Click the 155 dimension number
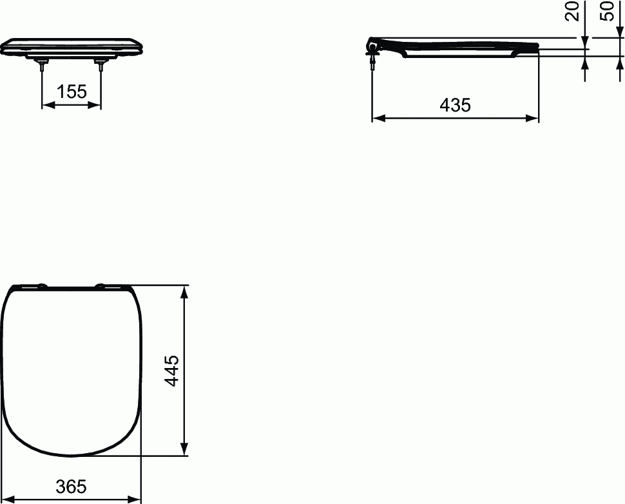(x=72, y=92)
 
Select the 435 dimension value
(x=456, y=105)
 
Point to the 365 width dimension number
(x=71, y=487)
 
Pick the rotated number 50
(x=607, y=11)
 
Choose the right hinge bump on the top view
(x=101, y=286)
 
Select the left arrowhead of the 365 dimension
(x=9, y=499)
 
